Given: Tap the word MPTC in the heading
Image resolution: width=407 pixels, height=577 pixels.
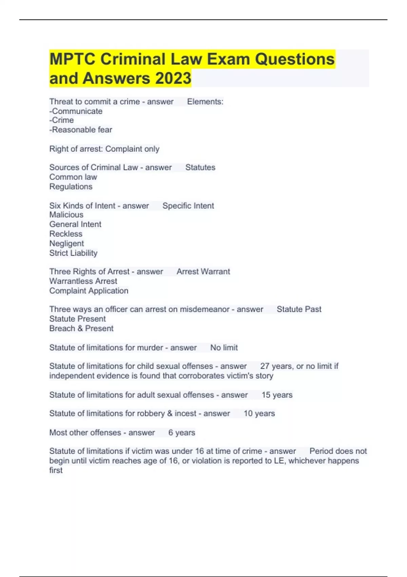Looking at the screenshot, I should click(72, 59).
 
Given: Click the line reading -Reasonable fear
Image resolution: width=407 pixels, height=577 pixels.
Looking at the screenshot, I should click(81, 130).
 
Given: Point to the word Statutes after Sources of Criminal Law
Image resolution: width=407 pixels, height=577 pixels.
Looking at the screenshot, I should click(200, 167).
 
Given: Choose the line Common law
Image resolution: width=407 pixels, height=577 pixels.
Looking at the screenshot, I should click(73, 177).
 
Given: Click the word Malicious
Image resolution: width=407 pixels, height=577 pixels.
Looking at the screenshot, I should click(66, 215).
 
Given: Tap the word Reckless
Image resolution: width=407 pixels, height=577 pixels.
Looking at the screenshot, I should click(66, 234).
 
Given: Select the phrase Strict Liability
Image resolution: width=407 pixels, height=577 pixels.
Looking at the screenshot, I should click(73, 253).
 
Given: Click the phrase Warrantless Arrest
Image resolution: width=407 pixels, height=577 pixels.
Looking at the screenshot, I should click(83, 281).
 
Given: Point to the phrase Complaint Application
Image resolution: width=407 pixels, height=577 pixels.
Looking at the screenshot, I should click(89, 291).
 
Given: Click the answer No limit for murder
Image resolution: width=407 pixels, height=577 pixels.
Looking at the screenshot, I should click(224, 348).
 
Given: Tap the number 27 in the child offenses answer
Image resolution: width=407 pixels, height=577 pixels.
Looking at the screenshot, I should click(265, 366).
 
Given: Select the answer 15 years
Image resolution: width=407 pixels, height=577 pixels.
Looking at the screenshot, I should click(277, 395).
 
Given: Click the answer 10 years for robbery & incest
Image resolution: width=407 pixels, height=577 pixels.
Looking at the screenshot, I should click(259, 413).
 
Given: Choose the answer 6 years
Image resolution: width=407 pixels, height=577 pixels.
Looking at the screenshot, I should click(181, 432).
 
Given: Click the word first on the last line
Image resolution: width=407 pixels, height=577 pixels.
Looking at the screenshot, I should click(56, 470).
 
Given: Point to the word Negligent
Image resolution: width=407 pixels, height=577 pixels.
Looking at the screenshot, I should click(66, 243).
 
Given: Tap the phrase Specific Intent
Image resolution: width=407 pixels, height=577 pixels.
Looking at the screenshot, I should click(188, 206).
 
